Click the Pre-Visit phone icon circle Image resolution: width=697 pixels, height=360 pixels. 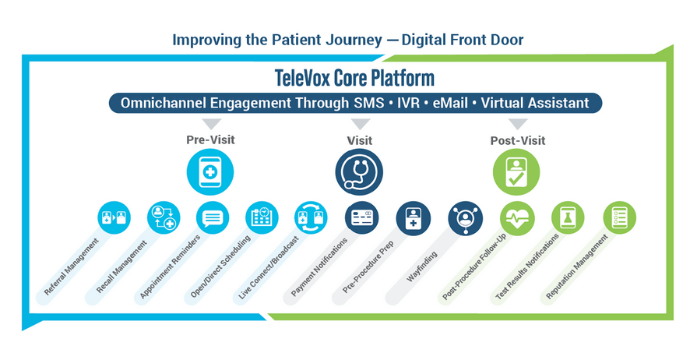[210, 171]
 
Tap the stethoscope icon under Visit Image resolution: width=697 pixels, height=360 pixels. [359, 171]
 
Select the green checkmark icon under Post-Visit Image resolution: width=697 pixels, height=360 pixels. [516, 171]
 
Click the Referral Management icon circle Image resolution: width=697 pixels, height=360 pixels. [114, 218]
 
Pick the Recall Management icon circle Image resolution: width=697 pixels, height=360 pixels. [164, 218]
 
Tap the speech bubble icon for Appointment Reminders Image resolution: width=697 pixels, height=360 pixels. [213, 218]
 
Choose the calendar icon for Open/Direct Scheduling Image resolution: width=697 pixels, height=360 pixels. [262, 218]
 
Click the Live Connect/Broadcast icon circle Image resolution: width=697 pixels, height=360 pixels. [311, 218]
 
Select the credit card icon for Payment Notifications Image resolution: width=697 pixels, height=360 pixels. [362, 218]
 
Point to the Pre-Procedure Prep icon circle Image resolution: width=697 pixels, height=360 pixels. [414, 218]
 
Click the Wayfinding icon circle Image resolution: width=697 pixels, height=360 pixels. [466, 218]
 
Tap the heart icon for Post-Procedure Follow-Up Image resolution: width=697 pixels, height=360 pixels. [517, 218]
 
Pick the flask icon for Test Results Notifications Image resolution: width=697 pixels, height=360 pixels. [568, 218]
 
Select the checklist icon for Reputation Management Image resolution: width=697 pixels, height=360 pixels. [620, 218]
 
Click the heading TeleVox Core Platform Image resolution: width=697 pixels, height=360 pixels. [354, 78]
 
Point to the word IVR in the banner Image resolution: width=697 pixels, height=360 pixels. [407, 103]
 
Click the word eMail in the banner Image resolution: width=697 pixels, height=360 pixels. [450, 103]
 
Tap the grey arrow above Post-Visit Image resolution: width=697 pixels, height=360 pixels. [518, 124]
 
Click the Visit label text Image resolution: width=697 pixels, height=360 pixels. [360, 140]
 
